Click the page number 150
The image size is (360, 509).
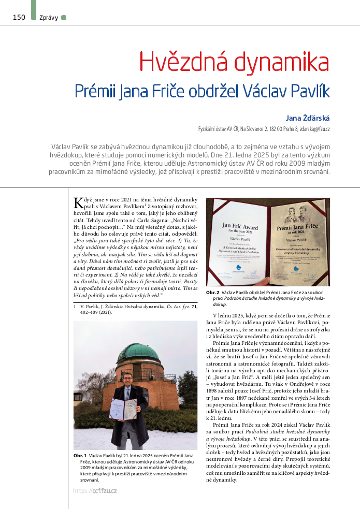point(19,18)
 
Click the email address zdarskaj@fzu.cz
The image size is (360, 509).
point(312,128)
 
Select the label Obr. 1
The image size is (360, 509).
point(80,455)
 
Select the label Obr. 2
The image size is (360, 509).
point(213,293)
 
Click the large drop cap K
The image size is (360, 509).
point(79,202)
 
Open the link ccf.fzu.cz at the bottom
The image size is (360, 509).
point(105,491)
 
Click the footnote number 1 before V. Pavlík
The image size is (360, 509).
point(75,307)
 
